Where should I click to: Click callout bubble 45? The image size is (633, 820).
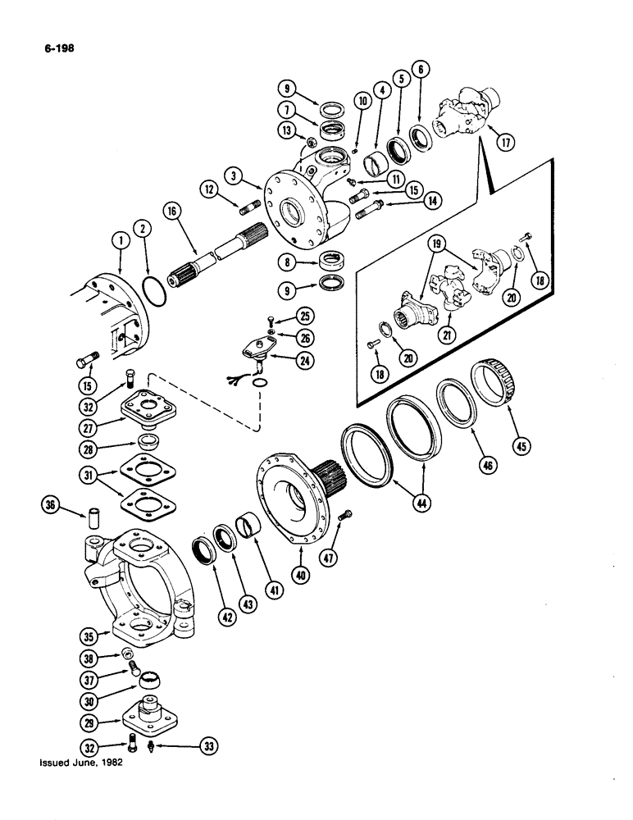pyautogui.click(x=514, y=447)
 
